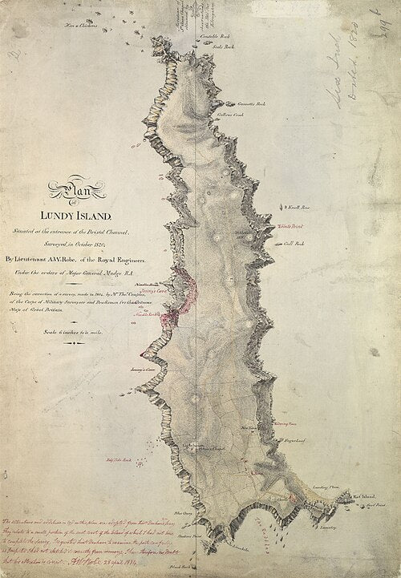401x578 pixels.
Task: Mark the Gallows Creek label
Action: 232,115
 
